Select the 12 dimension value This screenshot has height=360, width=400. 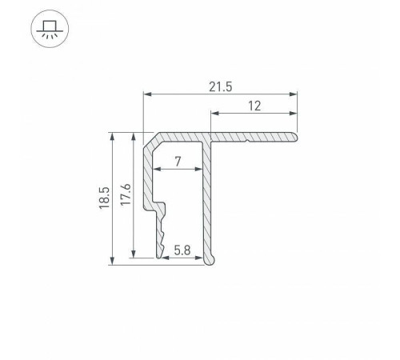(x=254, y=106)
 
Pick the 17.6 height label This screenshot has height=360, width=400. (x=125, y=198)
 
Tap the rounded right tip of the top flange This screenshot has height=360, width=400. (x=294, y=138)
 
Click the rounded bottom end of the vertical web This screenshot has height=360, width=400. (x=210, y=259)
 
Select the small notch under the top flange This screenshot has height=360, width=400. (x=249, y=144)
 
